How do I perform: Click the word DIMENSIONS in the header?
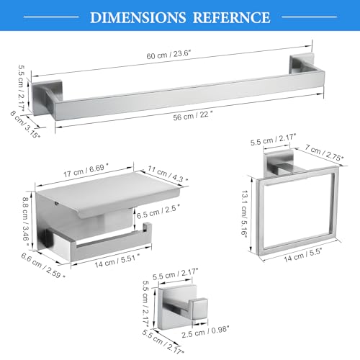pyautogui.click(x=138, y=17)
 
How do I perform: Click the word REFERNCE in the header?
pyautogui.click(x=232, y=17)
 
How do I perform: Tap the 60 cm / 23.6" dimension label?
pyautogui.click(x=168, y=55)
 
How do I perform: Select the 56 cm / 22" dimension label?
pyautogui.click(x=193, y=116)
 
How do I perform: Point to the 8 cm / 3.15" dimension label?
pyautogui.click(x=25, y=125)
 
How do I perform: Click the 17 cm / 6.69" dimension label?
pyautogui.click(x=86, y=170)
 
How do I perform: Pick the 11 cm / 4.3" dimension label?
pyautogui.click(x=168, y=174)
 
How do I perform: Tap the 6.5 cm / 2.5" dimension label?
pyautogui.click(x=158, y=212)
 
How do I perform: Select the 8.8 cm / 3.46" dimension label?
pyautogui.click(x=25, y=221)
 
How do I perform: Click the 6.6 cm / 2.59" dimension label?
pyautogui.click(x=43, y=266)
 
